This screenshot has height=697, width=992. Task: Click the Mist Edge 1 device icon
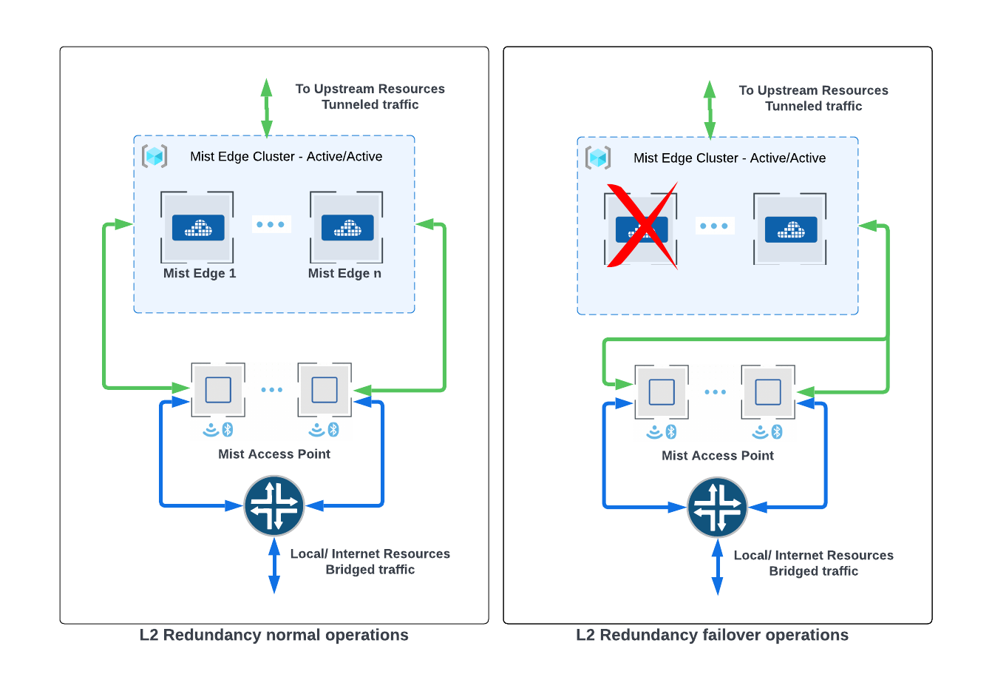pos(197,227)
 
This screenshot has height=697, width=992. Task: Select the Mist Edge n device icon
pos(347,227)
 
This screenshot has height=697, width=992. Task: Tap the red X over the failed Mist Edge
pos(642,226)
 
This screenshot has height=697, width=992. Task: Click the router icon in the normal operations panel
pos(274,506)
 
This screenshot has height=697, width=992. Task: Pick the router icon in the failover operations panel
pos(717,508)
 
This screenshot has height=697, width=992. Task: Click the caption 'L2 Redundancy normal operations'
pos(274,635)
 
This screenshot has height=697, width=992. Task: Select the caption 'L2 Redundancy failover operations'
pos(712,635)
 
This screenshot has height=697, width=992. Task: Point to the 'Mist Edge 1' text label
pos(200,273)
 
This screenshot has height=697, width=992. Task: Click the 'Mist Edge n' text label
pos(344,273)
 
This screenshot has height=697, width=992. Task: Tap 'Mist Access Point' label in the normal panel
pos(274,454)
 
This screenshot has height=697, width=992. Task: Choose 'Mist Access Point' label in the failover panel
pos(717,455)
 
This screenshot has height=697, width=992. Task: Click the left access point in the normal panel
pos(218,389)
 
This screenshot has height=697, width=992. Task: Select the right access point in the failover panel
pos(768,391)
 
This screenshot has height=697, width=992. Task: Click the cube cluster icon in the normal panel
pos(154,156)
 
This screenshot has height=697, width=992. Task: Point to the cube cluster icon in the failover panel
pos(598,158)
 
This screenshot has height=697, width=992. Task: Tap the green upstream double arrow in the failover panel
pos(710,110)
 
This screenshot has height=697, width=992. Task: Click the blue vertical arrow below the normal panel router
pos(274,565)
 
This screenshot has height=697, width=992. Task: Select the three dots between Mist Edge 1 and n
pos(271,224)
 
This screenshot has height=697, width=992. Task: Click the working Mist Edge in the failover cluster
pos(790,229)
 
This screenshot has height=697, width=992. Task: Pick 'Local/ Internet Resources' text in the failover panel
pos(813,555)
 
